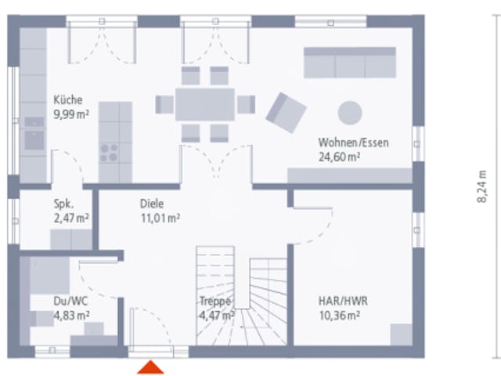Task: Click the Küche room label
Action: click(68, 99)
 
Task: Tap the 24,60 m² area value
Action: click(339, 157)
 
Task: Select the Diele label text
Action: click(152, 204)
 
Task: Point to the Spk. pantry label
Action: click(63, 204)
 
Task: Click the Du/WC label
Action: click(70, 301)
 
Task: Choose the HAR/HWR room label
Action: click(343, 301)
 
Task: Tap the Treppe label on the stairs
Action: click(215, 301)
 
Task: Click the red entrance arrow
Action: click(150, 367)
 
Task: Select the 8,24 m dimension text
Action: click(482, 186)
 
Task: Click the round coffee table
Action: click(350, 113)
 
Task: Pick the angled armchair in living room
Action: click(286, 113)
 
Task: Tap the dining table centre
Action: click(205, 104)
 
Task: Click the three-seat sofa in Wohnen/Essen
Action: click(350, 63)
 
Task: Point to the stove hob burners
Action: click(109, 153)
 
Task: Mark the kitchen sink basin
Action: click(34, 140)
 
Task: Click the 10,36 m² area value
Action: click(340, 316)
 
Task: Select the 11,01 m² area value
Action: click(160, 219)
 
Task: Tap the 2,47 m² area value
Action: click(71, 219)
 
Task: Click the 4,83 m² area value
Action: click(71, 316)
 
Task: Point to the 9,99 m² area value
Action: click(71, 114)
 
